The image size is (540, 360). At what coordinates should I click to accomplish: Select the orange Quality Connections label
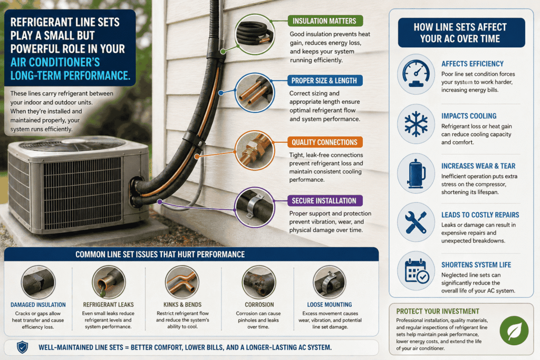324,142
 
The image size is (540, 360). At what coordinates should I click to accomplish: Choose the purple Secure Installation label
324,201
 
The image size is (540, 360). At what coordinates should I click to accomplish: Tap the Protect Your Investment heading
430,311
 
